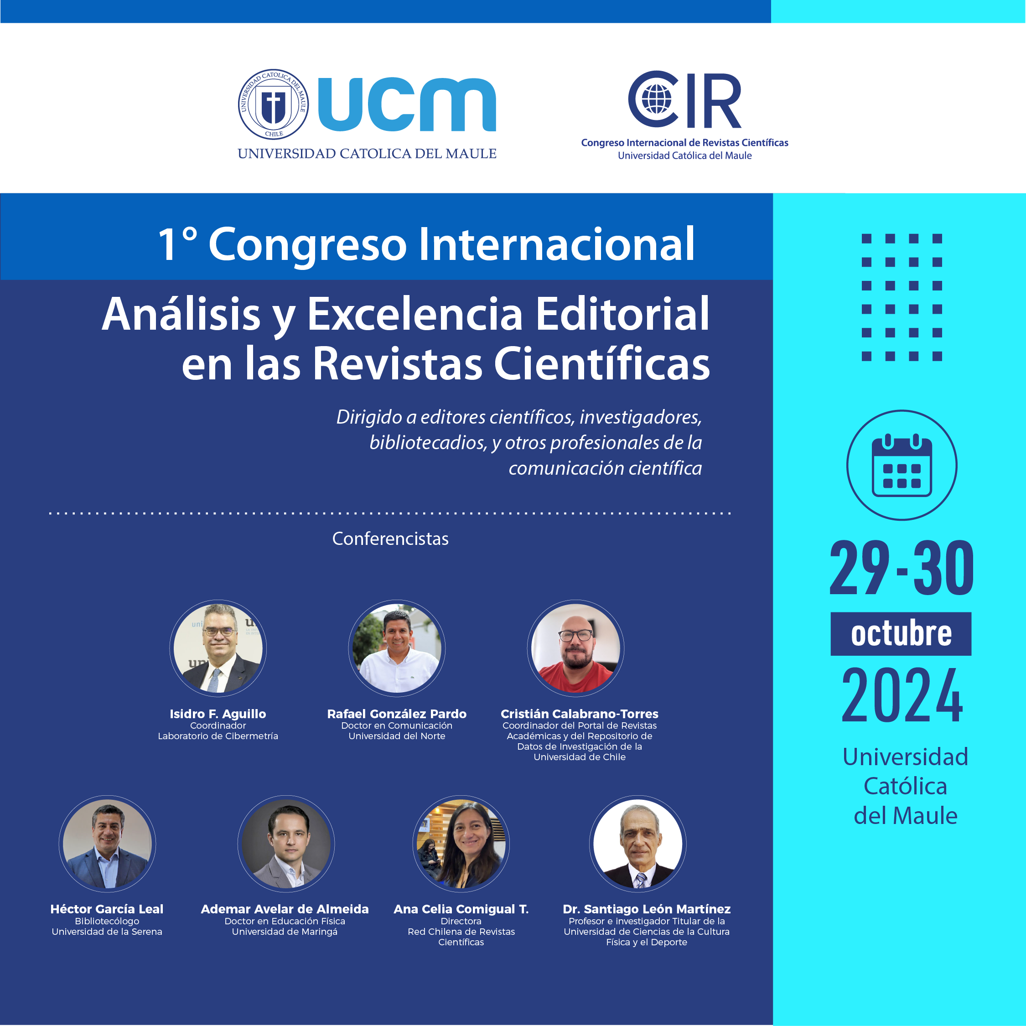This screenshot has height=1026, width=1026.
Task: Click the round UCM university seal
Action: coord(273,104)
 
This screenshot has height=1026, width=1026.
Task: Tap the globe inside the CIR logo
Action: coord(656,99)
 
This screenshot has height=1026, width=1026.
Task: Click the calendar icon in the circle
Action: coord(902,465)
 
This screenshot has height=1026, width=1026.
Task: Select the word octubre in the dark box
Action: coord(901,633)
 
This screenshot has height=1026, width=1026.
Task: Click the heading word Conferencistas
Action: coord(390,539)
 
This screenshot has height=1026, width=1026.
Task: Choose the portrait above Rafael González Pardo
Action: coord(397,648)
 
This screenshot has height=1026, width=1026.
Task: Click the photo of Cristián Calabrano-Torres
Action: coord(575,648)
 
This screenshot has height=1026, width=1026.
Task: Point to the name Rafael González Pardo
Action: coord(397,714)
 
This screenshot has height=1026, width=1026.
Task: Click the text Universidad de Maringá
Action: coord(285,932)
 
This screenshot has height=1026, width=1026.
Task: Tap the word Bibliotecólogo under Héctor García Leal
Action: coord(107,921)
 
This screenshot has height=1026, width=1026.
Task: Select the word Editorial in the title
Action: coord(622,314)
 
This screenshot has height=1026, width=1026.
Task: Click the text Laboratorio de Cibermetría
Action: coord(218,736)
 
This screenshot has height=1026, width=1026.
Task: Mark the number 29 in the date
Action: coord(859,567)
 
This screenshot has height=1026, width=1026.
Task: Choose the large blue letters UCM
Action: coord(407,104)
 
